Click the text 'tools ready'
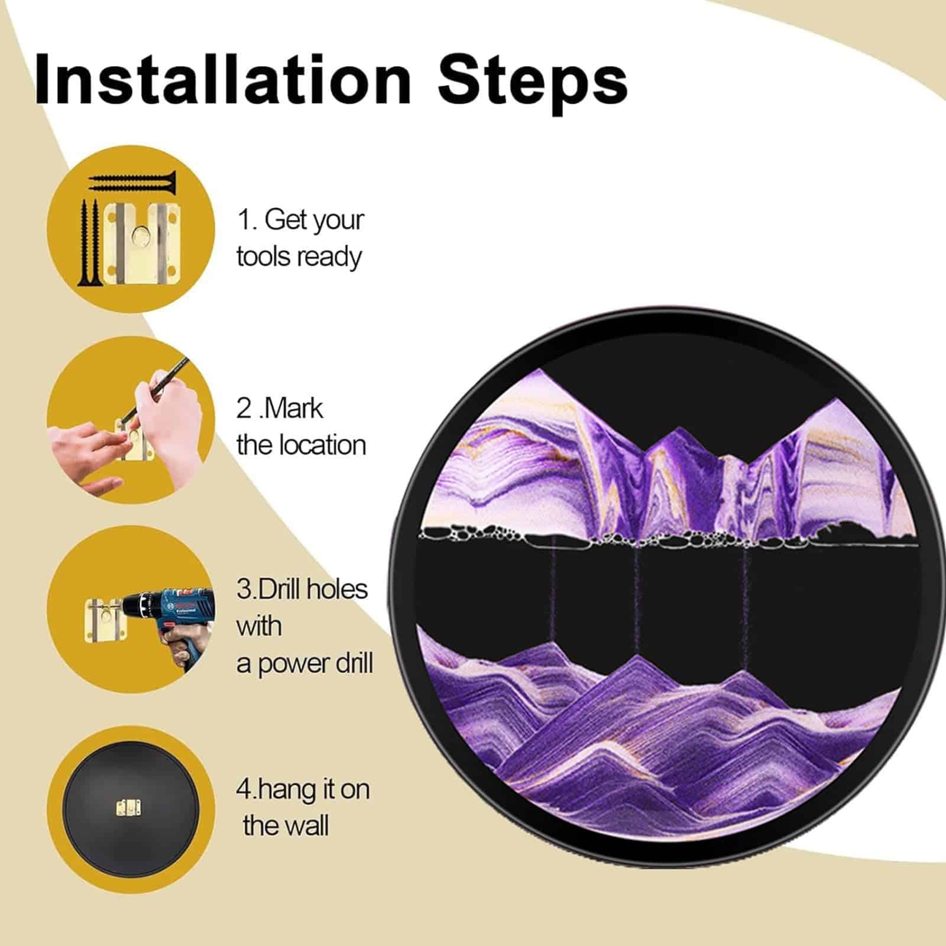click(299, 258)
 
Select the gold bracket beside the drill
click(103, 620)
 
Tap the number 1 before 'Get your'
click(242, 220)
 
